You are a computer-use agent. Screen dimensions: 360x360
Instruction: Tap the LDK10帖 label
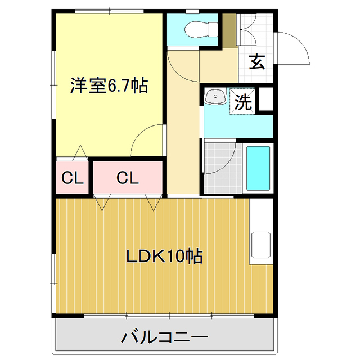coord(164,256)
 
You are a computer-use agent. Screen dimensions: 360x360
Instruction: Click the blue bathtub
coord(259,168)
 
